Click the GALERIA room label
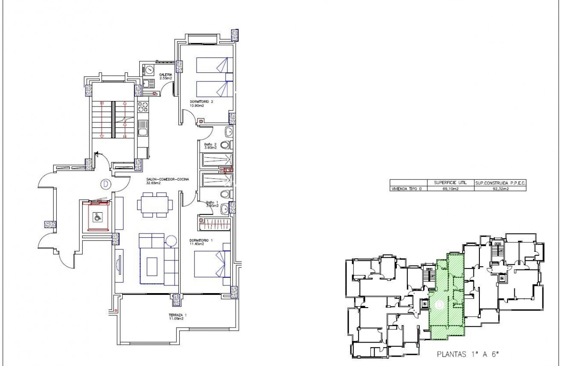pyautogui.click(x=165, y=76)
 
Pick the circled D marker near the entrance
pyautogui.click(x=104, y=184)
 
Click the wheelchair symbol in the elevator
pyautogui.click(x=98, y=217)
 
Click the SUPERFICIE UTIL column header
pyautogui.click(x=450, y=182)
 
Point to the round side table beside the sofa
pyautogui.click(x=171, y=241)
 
